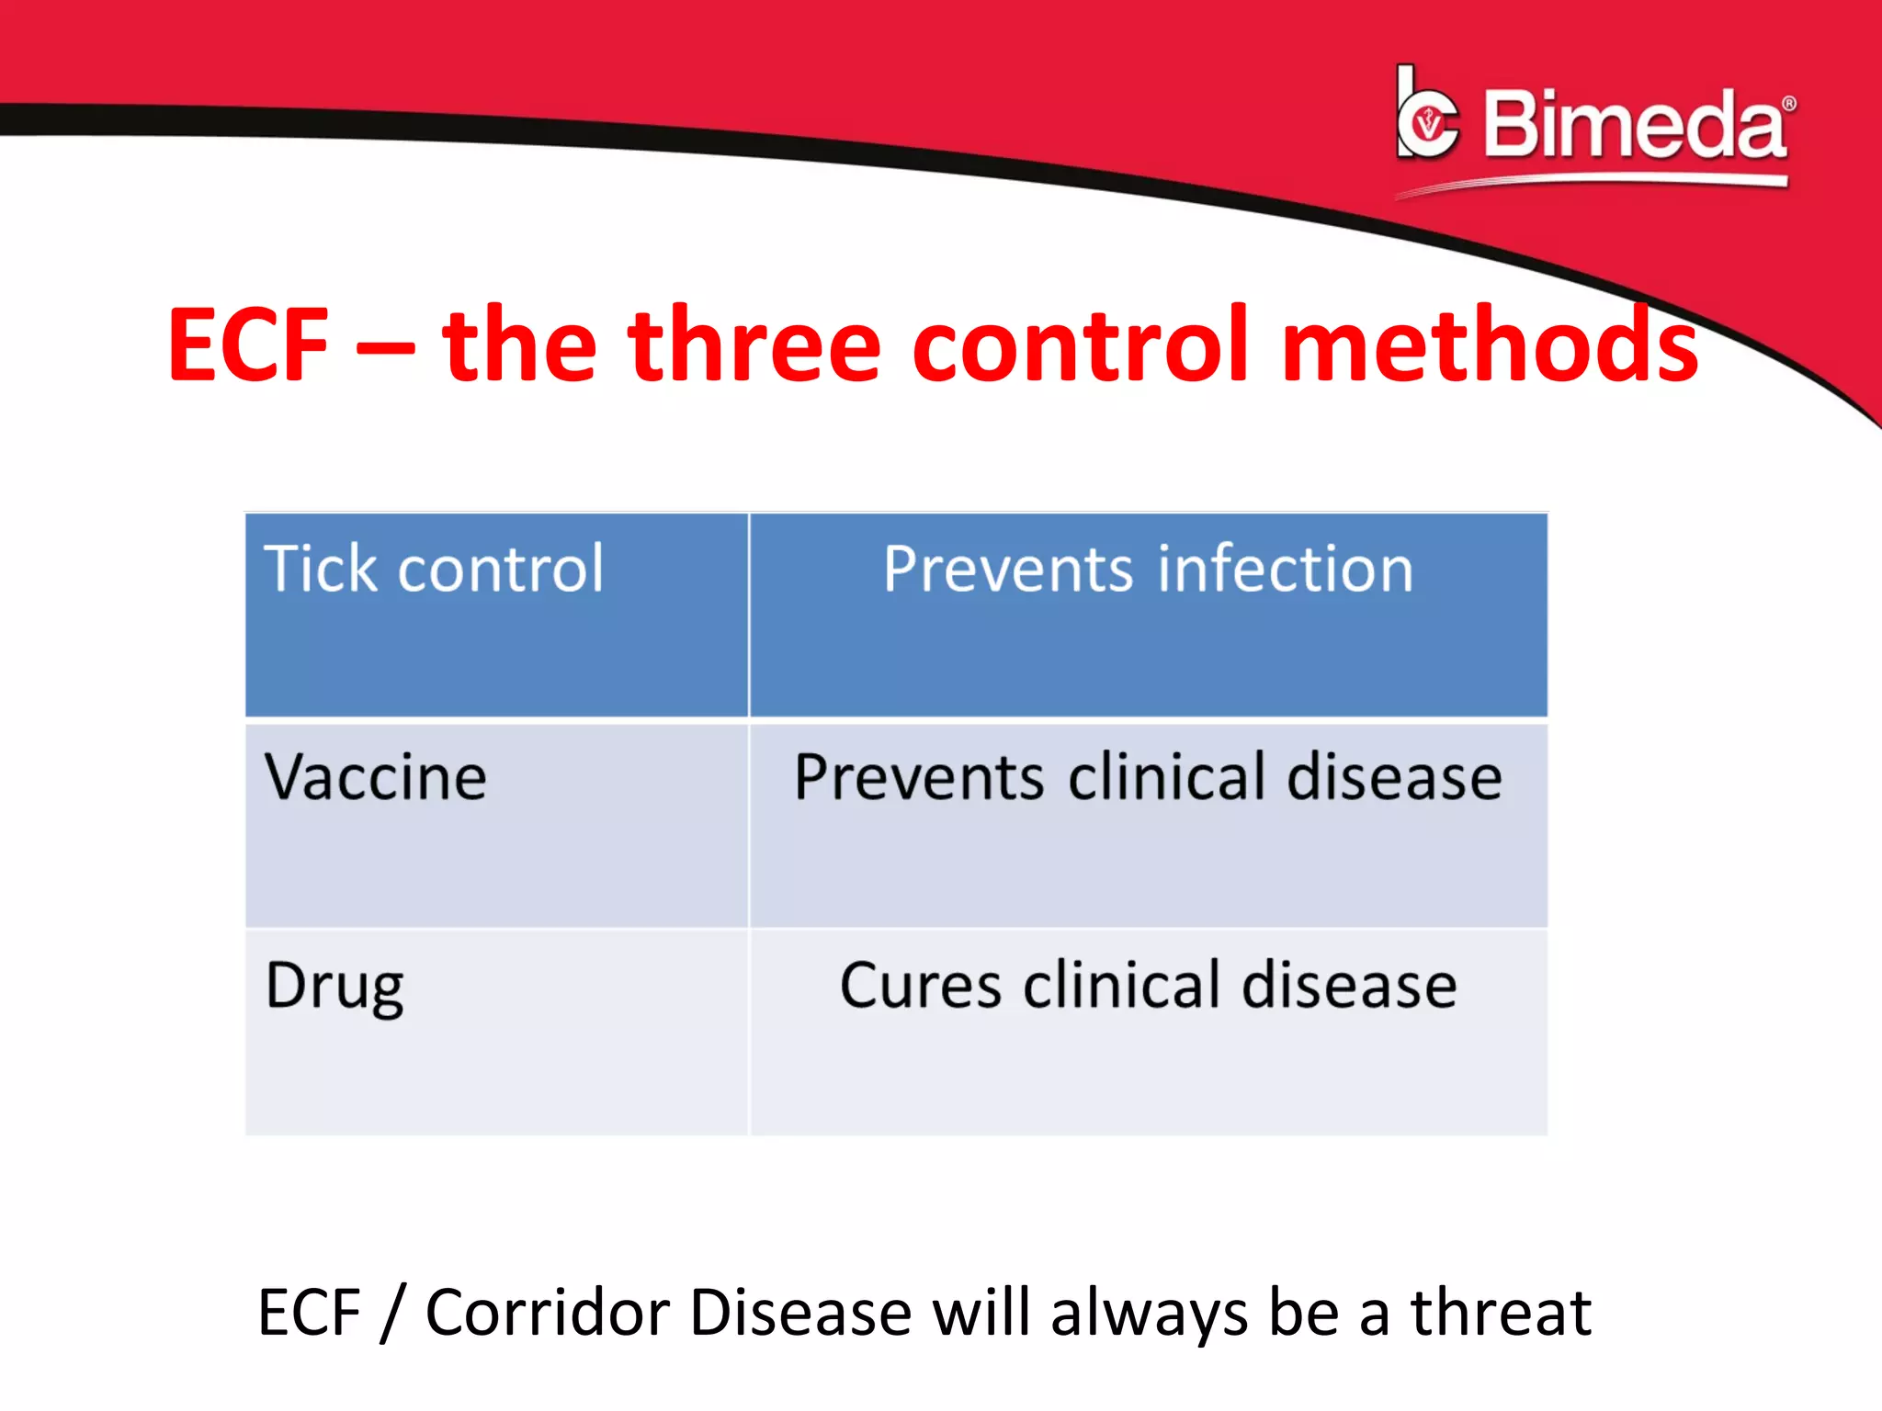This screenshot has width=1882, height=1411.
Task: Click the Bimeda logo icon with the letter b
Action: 1426,116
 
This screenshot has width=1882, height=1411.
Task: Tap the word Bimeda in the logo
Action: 1634,125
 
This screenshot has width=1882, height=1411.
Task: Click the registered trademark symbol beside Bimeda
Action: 1788,104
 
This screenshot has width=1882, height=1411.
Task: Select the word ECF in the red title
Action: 248,345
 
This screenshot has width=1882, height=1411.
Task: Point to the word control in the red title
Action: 1081,345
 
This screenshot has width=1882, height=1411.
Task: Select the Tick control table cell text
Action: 434,570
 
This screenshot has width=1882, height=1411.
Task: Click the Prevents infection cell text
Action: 1148,570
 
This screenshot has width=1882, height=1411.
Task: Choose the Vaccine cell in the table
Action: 375,778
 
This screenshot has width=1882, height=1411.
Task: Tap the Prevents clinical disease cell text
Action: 1148,778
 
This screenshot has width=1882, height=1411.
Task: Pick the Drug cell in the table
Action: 334,987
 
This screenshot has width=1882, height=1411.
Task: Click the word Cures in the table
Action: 920,987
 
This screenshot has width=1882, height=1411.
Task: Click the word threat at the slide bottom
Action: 1501,1313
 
